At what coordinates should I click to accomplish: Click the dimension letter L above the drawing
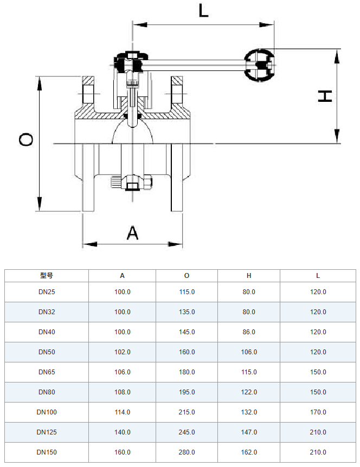[203, 10]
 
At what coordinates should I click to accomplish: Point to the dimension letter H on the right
[325, 96]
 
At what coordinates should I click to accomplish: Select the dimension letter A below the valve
[133, 233]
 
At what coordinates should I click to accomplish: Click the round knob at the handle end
[259, 65]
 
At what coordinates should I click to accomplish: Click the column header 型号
[47, 275]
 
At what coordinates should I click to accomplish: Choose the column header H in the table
[249, 275]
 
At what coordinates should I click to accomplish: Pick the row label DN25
[47, 291]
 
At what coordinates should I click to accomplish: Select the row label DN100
[47, 412]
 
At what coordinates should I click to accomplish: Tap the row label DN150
[47, 452]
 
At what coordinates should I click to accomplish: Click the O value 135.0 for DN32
[187, 312]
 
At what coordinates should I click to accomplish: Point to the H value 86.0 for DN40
[249, 332]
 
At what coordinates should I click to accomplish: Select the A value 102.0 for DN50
[123, 352]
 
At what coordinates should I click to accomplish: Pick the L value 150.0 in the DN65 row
[318, 372]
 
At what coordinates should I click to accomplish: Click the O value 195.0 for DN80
[187, 392]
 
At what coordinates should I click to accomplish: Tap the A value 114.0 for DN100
[123, 412]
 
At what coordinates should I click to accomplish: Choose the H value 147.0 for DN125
[249, 432]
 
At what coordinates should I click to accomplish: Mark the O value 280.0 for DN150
[187, 452]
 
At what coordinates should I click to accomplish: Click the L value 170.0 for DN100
[318, 412]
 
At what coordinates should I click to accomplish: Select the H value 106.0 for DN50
[249, 352]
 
